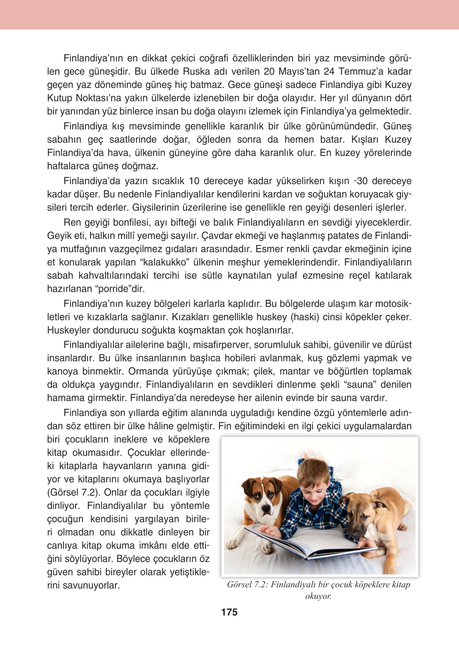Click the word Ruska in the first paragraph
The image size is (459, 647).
[197, 71]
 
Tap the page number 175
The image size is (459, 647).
[229, 612]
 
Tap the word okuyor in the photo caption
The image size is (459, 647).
[318, 596]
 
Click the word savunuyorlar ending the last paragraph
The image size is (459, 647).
[83, 585]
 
